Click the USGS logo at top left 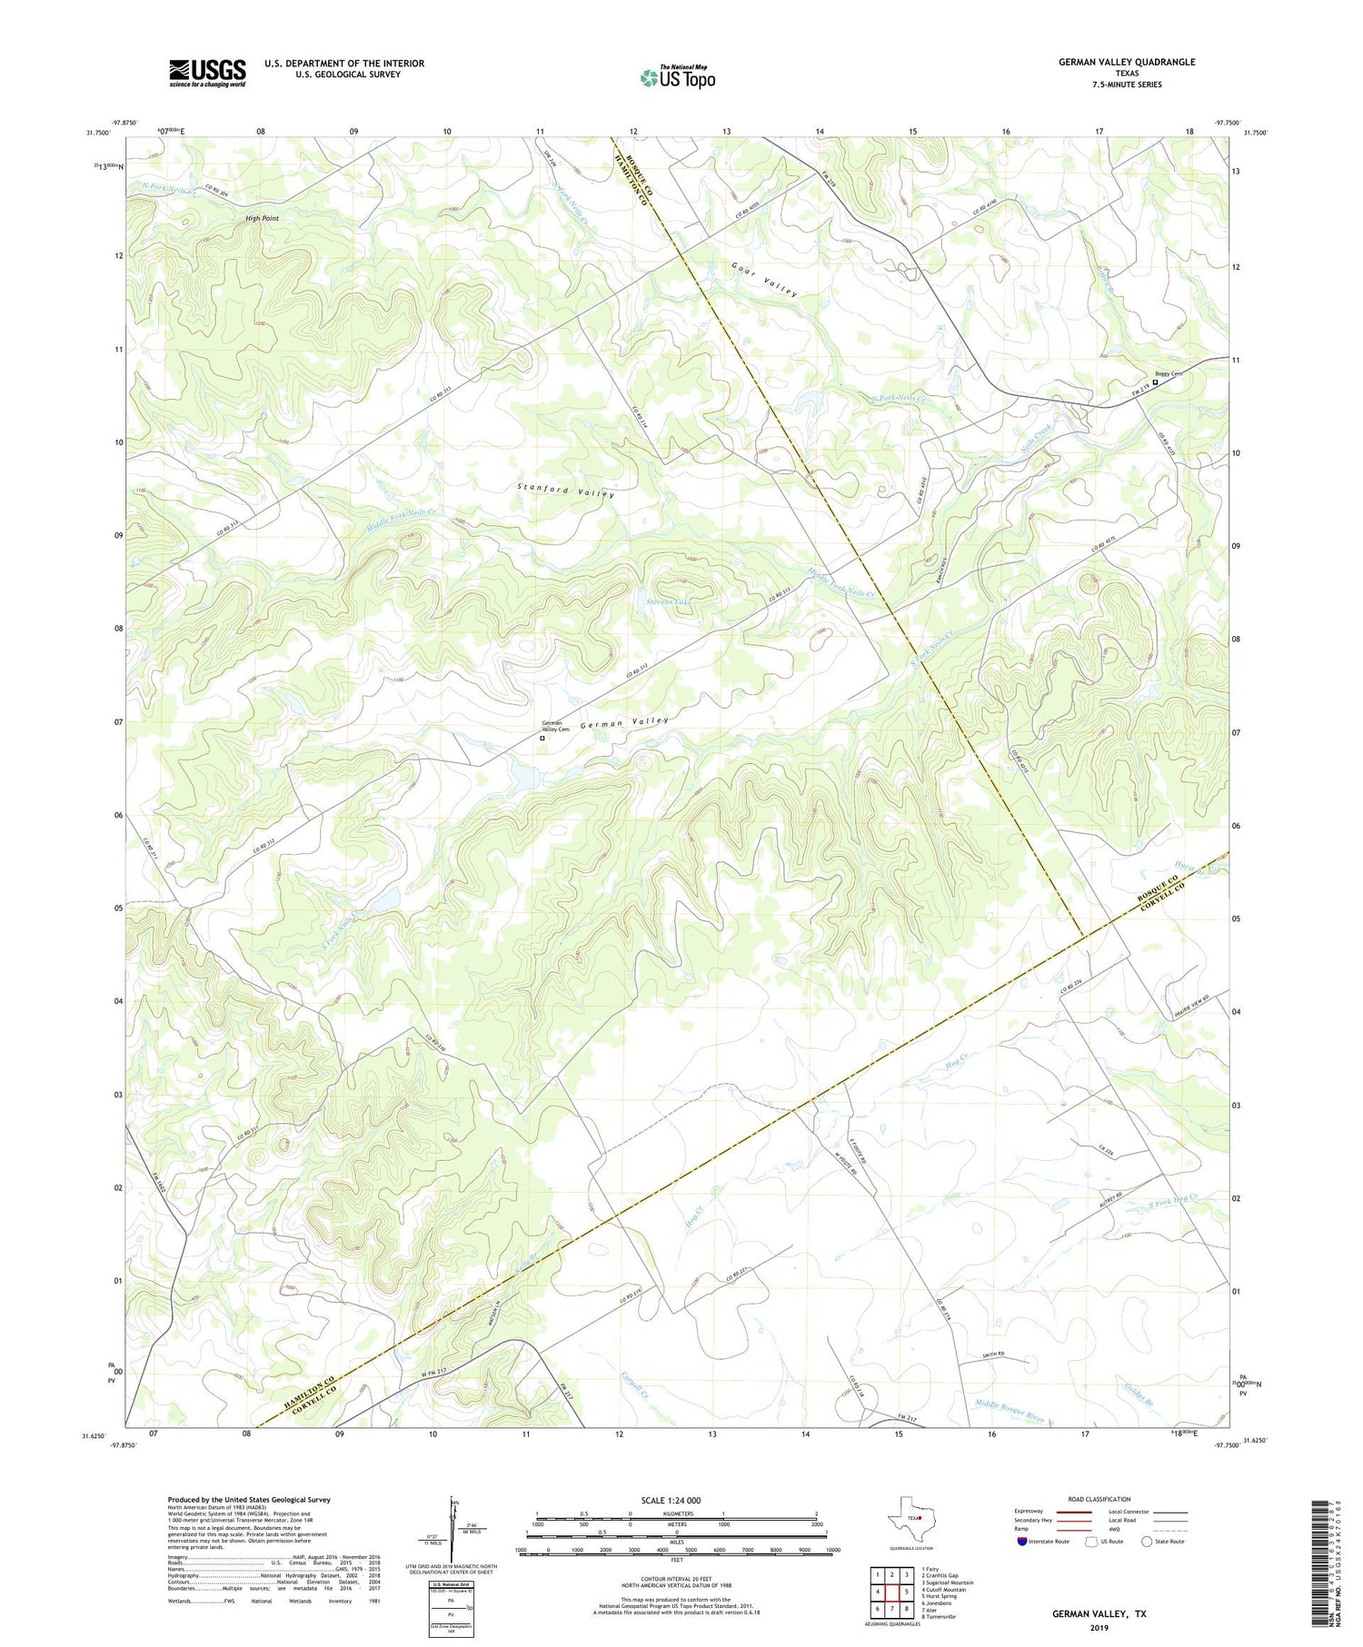tap(207, 73)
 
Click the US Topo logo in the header tap(677, 78)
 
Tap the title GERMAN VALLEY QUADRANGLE tap(1126, 62)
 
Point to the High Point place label tap(262, 219)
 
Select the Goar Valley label tap(764, 280)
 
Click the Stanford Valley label tap(565, 491)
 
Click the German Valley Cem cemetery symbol tap(542, 739)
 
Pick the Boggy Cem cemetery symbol tap(1156, 382)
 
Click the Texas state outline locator tap(909, 1520)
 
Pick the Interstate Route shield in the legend tap(1021, 1542)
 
